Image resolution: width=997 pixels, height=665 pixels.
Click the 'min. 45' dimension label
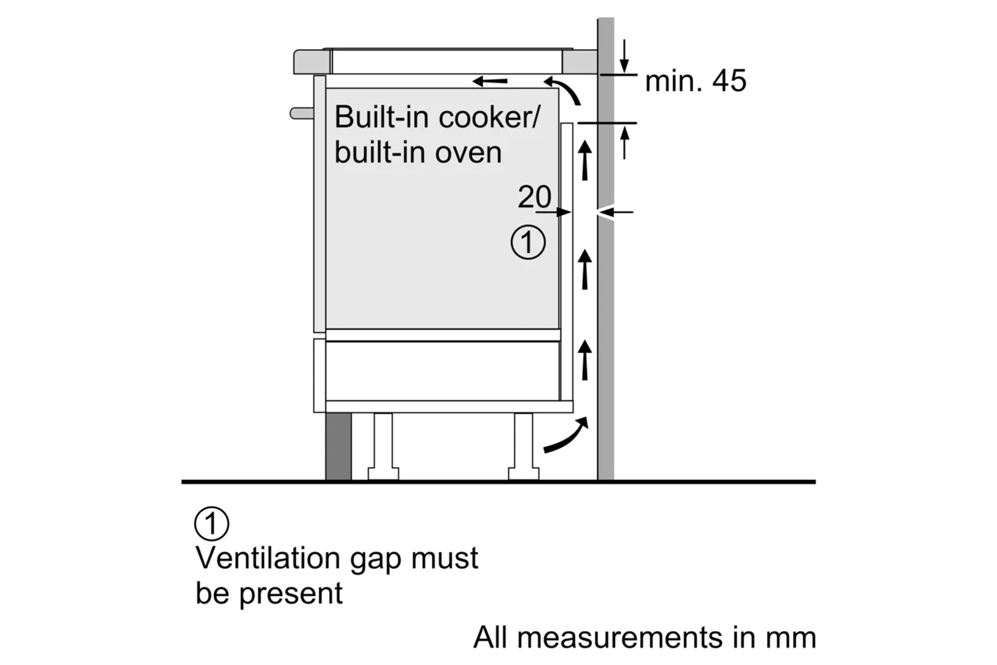[x=695, y=81]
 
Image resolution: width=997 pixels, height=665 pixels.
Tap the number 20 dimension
[x=534, y=197]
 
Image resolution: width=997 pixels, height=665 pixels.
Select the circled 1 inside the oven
[x=528, y=243]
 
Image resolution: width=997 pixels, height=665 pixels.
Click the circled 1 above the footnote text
[x=211, y=525]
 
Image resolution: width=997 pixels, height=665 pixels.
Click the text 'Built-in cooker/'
[x=438, y=117]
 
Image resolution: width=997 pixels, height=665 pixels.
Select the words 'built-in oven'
[x=418, y=152]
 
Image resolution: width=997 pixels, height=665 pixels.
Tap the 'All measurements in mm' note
[x=644, y=637]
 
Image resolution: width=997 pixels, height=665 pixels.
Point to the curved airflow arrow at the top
[x=564, y=90]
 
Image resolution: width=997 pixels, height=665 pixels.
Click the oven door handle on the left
[x=302, y=113]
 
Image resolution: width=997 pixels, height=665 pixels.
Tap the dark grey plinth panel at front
[x=338, y=446]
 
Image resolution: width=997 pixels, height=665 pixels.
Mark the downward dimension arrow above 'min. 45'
[x=624, y=57]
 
